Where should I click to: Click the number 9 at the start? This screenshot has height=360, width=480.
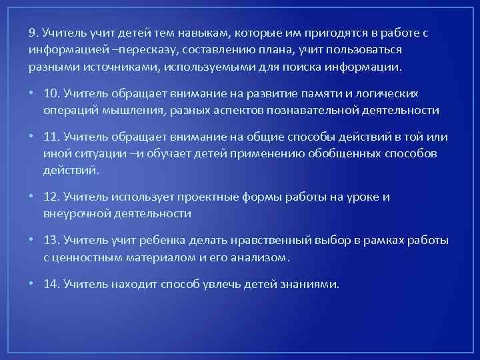(x=32, y=33)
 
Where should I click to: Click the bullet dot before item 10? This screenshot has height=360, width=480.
(x=32, y=94)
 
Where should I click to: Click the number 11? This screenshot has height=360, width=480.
(x=51, y=137)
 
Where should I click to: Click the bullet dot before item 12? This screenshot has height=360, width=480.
(x=32, y=197)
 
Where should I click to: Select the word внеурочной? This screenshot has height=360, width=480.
(x=77, y=213)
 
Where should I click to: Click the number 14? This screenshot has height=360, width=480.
(x=51, y=284)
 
